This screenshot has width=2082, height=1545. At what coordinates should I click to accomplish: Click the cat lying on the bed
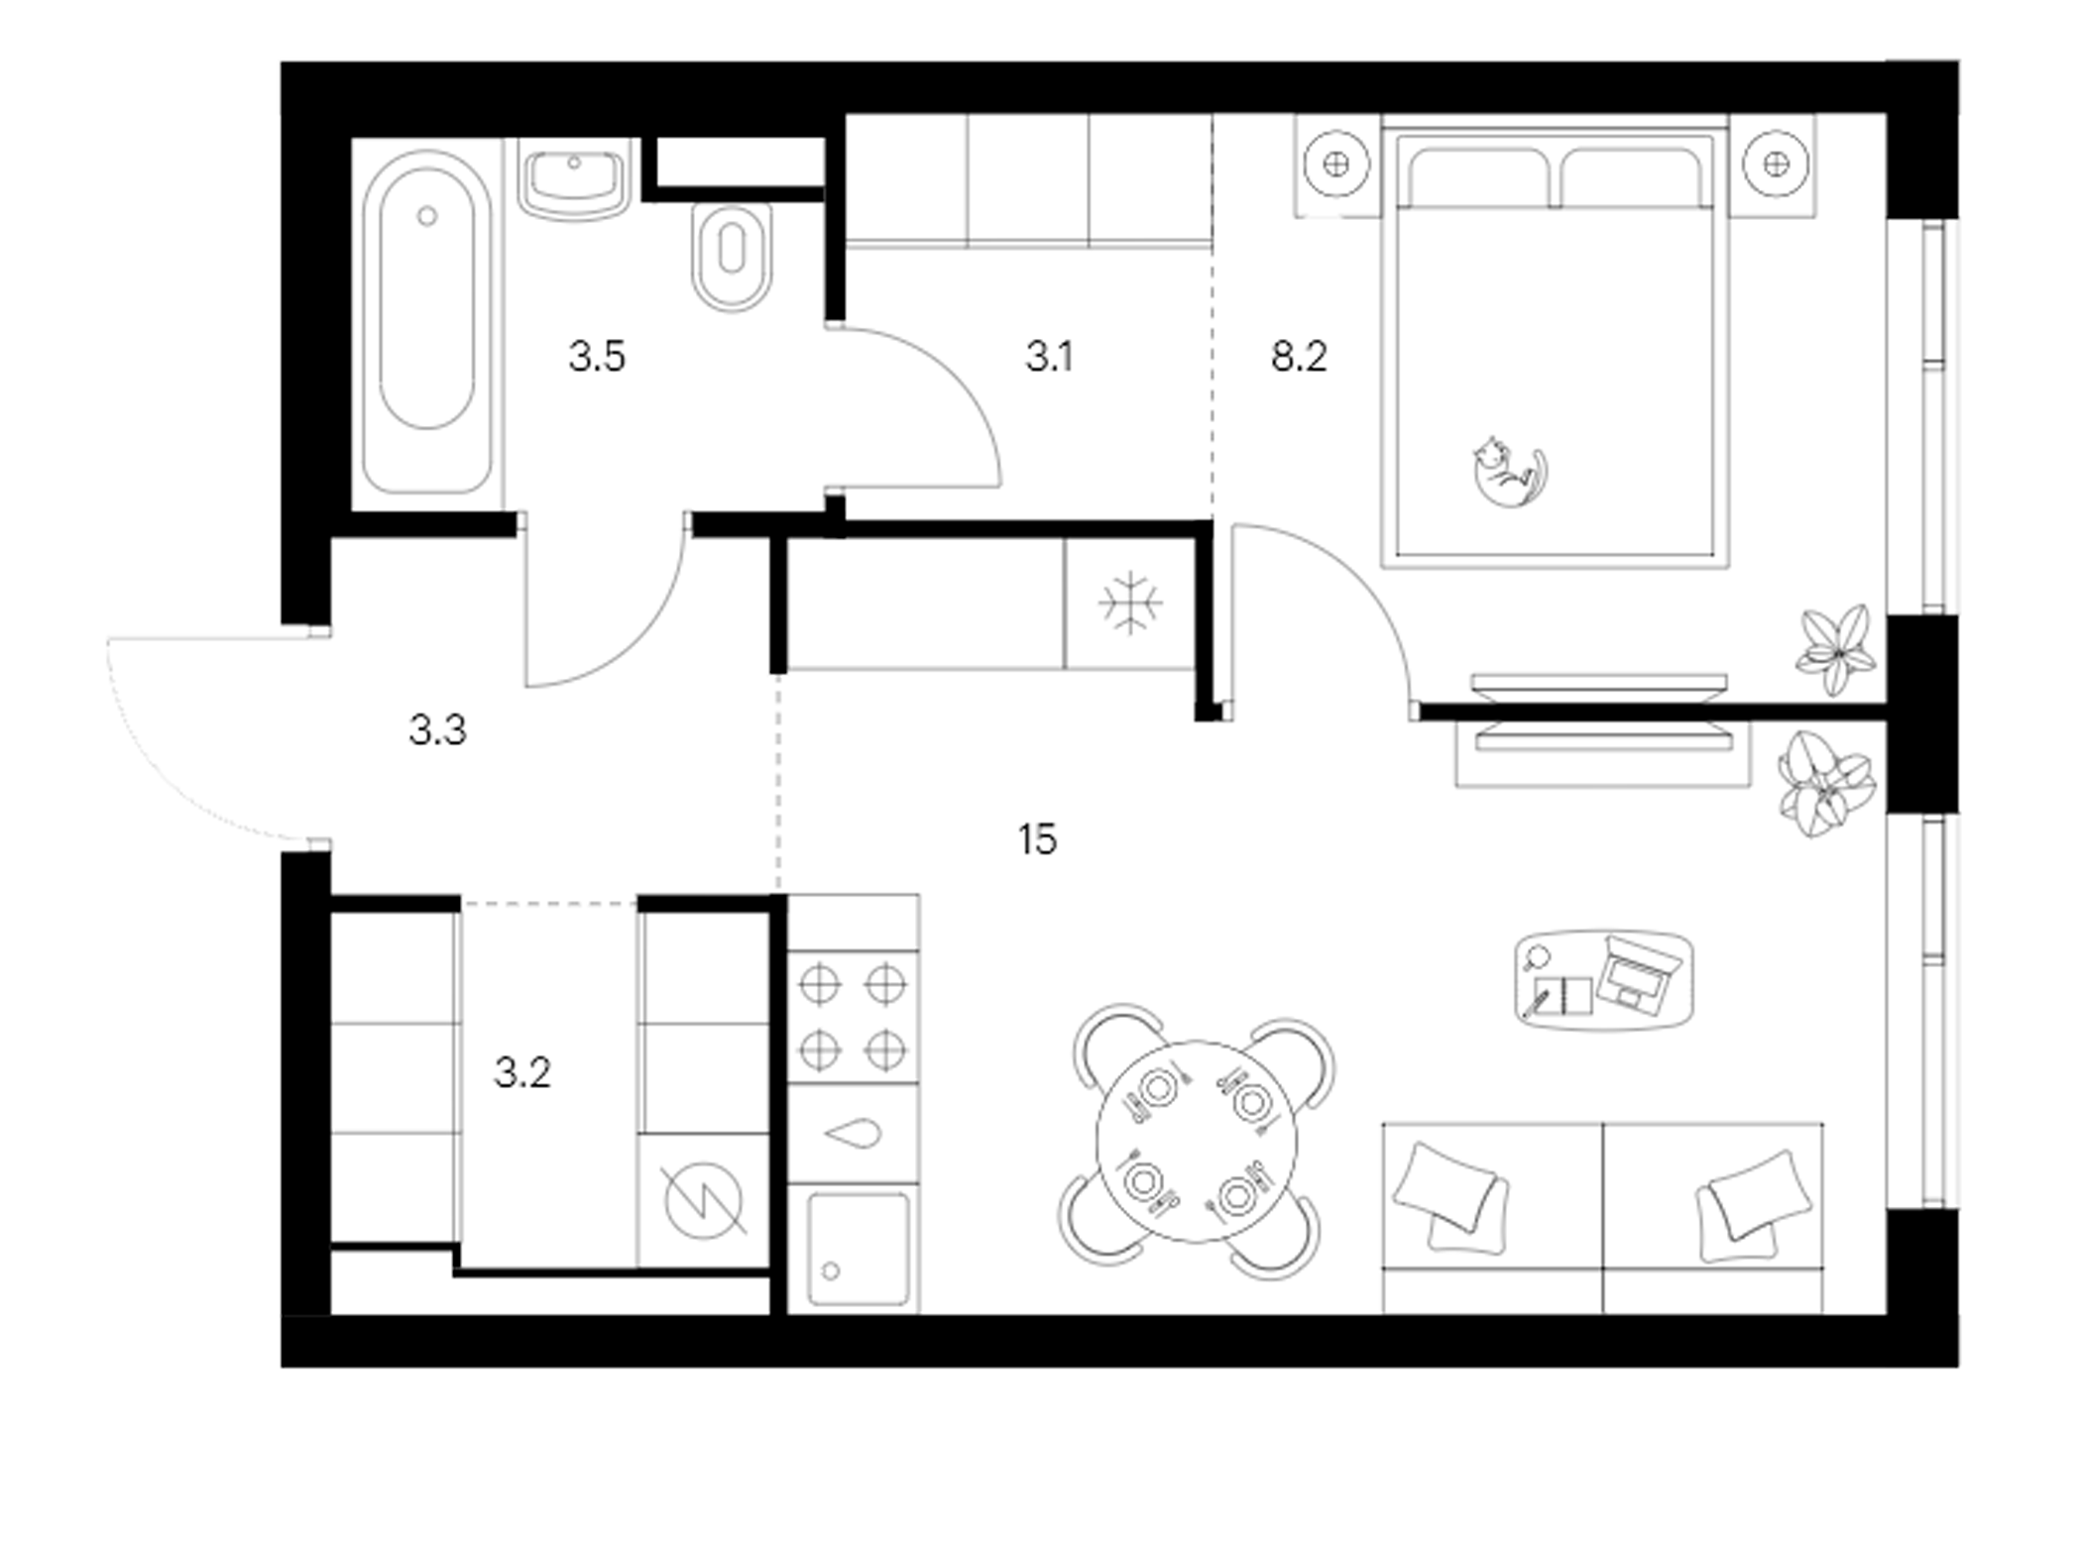(1510, 472)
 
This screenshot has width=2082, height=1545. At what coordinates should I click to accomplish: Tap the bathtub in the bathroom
(426, 321)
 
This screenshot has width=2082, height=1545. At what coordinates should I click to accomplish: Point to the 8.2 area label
(1299, 357)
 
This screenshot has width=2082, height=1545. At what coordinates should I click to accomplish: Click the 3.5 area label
(597, 357)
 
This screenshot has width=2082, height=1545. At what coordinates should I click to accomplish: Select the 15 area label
(1037, 840)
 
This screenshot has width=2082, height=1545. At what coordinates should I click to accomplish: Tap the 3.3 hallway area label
(437, 730)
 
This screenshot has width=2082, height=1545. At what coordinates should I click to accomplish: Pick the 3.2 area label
(522, 1072)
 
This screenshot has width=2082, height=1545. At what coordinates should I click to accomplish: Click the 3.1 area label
(1049, 357)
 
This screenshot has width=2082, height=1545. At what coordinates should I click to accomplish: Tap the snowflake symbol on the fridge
(1130, 603)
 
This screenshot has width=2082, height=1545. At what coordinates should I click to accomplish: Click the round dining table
(1197, 1141)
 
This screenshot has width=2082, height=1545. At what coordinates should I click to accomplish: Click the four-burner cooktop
(853, 1017)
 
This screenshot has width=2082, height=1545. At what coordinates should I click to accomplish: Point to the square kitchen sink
(859, 1249)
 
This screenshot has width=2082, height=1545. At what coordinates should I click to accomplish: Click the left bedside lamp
(1336, 164)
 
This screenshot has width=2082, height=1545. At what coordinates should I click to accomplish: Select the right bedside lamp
(1776, 164)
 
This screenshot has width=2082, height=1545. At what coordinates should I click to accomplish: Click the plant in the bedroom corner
(1837, 649)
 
